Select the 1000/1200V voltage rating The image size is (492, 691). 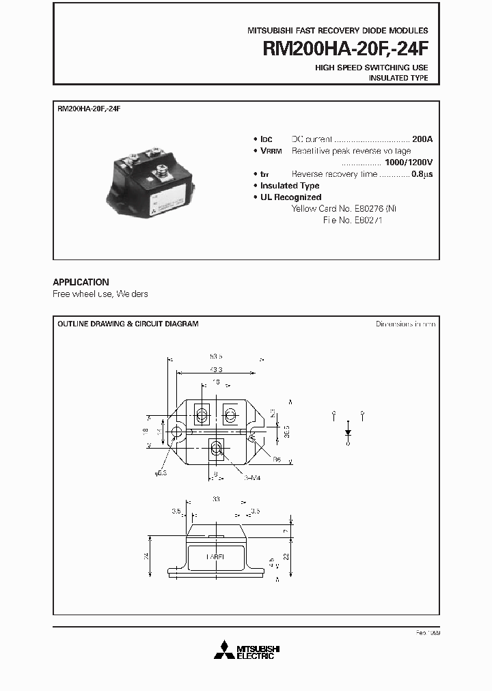pyautogui.click(x=409, y=163)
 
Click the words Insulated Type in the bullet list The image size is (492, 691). pyautogui.click(x=290, y=186)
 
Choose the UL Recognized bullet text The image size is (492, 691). pyautogui.click(x=290, y=197)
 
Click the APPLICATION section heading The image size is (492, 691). pyautogui.click(x=81, y=282)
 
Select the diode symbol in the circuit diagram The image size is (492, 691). pyautogui.click(x=348, y=432)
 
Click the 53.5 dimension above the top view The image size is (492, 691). pyautogui.click(x=216, y=357)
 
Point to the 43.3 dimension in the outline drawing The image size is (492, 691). pyautogui.click(x=216, y=369)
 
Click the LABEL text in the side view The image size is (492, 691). pyautogui.click(x=217, y=556)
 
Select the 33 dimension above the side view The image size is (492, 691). pyautogui.click(x=216, y=499)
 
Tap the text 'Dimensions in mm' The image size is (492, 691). pyautogui.click(x=405, y=324)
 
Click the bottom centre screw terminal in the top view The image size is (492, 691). pyautogui.click(x=216, y=449)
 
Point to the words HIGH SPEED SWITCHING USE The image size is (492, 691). pyautogui.click(x=371, y=68)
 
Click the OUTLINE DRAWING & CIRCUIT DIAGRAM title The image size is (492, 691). pyautogui.click(x=128, y=324)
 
